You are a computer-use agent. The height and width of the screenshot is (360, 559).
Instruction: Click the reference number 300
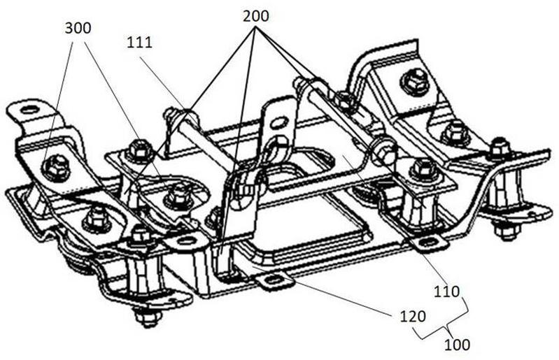(78, 28)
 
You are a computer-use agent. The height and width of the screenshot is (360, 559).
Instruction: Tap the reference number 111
(139, 43)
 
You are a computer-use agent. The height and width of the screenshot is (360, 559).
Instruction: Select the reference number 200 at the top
(255, 16)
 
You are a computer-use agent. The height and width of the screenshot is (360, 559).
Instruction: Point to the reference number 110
(446, 292)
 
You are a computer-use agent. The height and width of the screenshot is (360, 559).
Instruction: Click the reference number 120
(413, 316)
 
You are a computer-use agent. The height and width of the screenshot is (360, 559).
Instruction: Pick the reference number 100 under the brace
(457, 345)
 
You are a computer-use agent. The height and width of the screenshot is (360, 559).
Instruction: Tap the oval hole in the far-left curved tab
(30, 110)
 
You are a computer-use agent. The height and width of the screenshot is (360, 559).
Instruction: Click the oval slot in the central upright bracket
(280, 124)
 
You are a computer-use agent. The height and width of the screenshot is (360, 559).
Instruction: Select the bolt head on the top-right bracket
(413, 83)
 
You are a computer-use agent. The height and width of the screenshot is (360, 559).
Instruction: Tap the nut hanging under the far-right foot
(504, 231)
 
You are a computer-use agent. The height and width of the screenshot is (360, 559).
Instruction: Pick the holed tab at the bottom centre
(275, 280)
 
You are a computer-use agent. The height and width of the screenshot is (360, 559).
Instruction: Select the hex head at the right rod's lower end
(385, 152)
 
